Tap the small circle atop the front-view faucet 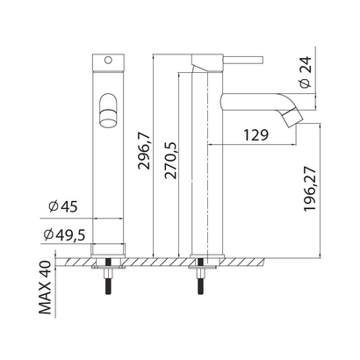click(107, 61)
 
